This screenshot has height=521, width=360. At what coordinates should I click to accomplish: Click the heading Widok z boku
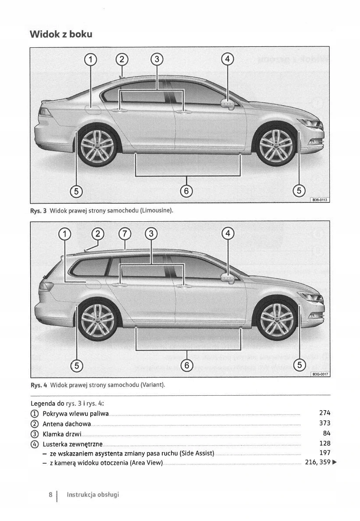pyautogui.click(x=61, y=34)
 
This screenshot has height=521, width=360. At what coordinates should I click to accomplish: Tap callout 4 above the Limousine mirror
pyautogui.click(x=227, y=59)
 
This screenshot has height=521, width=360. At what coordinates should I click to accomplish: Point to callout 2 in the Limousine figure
pyautogui.click(x=121, y=59)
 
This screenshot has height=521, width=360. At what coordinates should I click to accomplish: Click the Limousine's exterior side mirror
pyautogui.click(x=228, y=105)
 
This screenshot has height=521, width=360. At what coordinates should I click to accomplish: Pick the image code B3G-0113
pyautogui.click(x=320, y=200)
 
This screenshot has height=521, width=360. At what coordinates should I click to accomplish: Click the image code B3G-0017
pyautogui.click(x=320, y=374)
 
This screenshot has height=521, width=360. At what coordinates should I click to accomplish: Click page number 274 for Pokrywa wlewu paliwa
pyautogui.click(x=324, y=413)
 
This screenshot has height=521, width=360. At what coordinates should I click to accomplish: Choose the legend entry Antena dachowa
pyautogui.click(x=67, y=424)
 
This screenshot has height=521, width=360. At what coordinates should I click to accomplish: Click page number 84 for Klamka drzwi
pyautogui.click(x=327, y=433)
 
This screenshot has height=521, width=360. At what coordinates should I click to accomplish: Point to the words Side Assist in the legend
pyautogui.click(x=196, y=453)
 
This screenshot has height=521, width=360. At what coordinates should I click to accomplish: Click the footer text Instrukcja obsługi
pyautogui.click(x=93, y=495)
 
